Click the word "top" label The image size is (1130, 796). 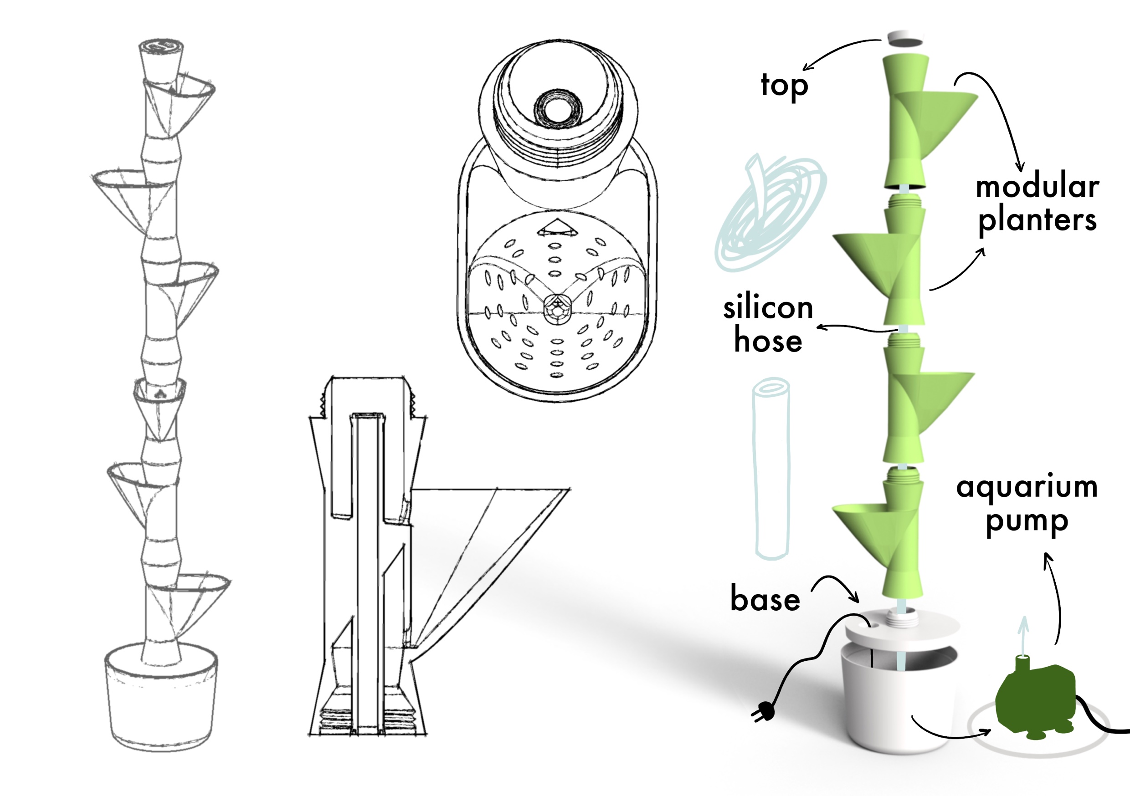click(784, 86)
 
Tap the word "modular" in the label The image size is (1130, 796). click(1037, 187)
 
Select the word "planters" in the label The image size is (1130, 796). click(1037, 220)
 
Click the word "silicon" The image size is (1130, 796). click(768, 308)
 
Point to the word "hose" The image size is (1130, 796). click(768, 341)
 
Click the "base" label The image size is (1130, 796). click(765, 599)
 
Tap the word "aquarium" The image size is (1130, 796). click(1027, 487)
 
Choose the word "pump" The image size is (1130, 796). click(1027, 521)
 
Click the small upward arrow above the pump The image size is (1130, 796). click(1023, 632)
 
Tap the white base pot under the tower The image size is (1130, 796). click(898, 704)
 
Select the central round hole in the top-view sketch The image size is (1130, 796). click(558, 107)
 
